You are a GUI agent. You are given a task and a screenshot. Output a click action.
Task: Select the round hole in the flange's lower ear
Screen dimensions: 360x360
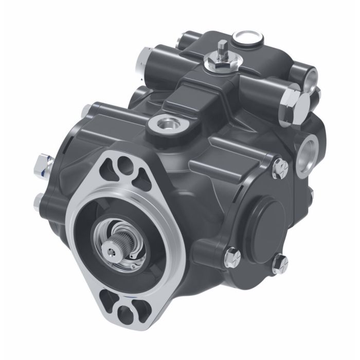pos(123,314)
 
